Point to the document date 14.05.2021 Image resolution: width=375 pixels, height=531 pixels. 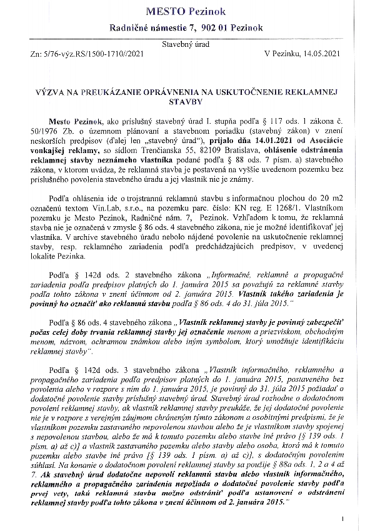tap(321, 55)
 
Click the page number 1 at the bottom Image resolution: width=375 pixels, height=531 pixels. tap(343, 519)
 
